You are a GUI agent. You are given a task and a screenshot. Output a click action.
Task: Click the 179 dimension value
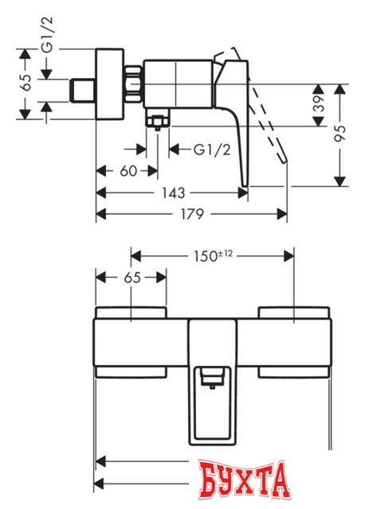click(x=190, y=213)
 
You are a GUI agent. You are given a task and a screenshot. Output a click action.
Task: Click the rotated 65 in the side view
click(x=26, y=81)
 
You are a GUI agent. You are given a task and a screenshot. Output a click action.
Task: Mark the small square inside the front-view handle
click(x=212, y=376)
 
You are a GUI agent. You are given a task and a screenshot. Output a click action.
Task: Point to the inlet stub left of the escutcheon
click(x=82, y=90)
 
